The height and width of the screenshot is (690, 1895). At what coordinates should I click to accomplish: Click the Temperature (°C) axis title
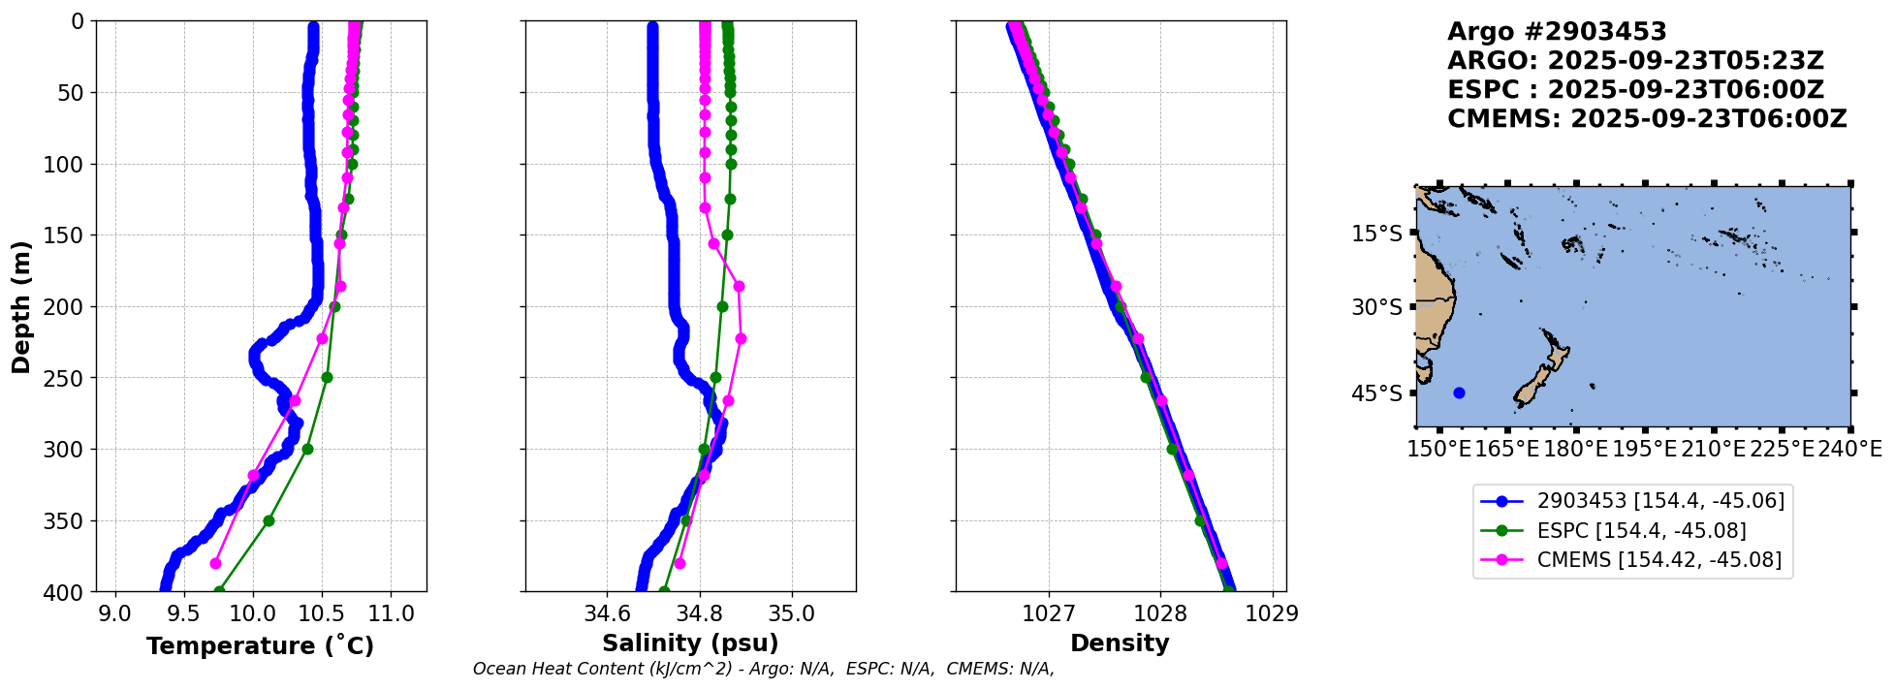click(x=260, y=646)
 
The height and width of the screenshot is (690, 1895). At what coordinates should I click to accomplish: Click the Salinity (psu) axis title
click(x=690, y=643)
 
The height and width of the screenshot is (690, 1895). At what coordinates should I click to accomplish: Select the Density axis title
click(x=1120, y=643)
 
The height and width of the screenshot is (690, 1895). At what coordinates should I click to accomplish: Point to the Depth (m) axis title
click(x=21, y=306)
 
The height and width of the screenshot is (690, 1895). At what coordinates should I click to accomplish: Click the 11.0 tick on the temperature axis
click(x=392, y=613)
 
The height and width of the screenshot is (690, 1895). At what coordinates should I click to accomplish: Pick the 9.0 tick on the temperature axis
click(x=116, y=613)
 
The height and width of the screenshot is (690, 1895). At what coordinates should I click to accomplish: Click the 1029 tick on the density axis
click(x=1272, y=613)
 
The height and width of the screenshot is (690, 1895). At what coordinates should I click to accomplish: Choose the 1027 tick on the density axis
click(x=1049, y=613)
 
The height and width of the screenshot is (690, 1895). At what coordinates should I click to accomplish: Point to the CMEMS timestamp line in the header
click(x=1646, y=119)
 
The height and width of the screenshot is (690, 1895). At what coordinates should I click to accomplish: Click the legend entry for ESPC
click(x=1641, y=530)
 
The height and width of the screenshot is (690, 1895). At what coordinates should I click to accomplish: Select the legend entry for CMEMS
click(x=1658, y=560)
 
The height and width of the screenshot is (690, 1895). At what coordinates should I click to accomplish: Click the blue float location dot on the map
click(x=1459, y=392)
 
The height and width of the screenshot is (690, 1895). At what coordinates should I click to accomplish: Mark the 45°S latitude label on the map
click(x=1376, y=393)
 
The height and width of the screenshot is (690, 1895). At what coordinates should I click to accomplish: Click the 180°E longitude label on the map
click(x=1575, y=449)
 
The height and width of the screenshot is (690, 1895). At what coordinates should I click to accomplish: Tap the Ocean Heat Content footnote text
click(x=763, y=669)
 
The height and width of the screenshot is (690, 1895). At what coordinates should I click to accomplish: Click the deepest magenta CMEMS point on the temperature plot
click(x=215, y=563)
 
